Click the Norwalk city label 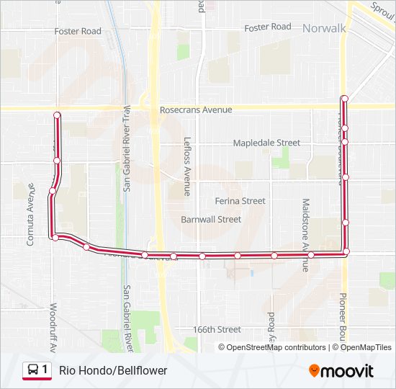click(x=325, y=29)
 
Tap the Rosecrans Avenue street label click(x=196, y=109)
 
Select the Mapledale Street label click(x=266, y=143)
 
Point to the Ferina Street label click(x=240, y=200)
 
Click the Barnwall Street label click(x=211, y=219)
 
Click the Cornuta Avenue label click(x=31, y=214)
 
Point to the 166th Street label click(x=217, y=329)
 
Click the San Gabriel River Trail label click(x=127, y=148)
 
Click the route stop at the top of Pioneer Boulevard click(x=345, y=98)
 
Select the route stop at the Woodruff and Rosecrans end click(x=57, y=115)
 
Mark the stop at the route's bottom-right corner click(x=346, y=251)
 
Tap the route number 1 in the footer click(x=45, y=370)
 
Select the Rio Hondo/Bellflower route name click(x=113, y=370)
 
